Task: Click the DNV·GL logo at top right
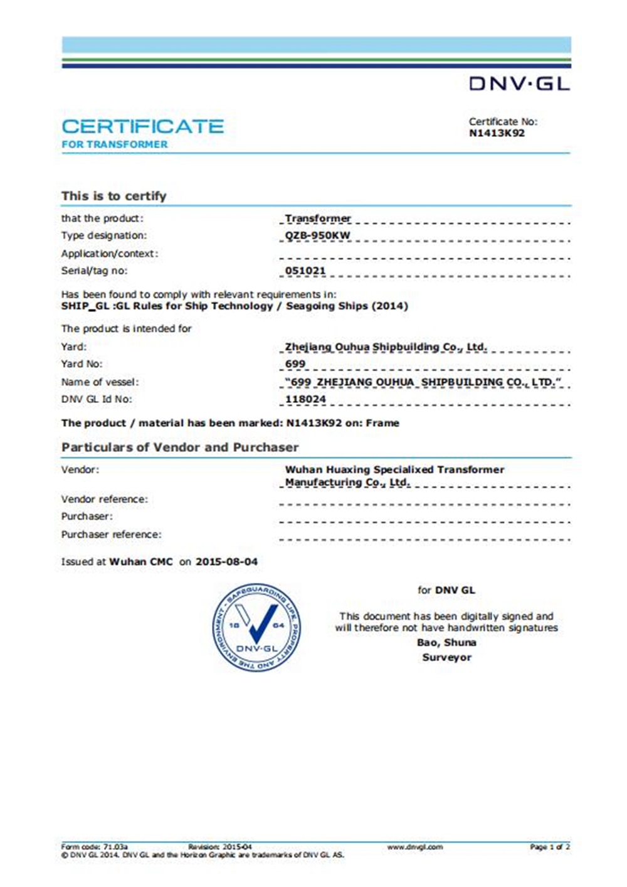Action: coord(519,83)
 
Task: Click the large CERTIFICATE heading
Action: coord(142,126)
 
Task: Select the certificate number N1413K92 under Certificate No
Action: coord(497,133)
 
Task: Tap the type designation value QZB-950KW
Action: coord(317,235)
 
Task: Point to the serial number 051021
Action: coord(305,271)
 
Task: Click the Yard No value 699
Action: coord(295,363)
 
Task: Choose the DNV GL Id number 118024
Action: coord(305,399)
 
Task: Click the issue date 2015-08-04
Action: coord(226,562)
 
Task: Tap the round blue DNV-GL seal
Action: coord(256,627)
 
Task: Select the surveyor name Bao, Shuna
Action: coord(446,642)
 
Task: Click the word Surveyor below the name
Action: coord(446,657)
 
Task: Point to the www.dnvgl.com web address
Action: coord(415,847)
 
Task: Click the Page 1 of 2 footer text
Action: coord(549,847)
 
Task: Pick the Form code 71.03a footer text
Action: coord(95,847)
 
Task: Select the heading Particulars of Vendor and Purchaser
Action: coord(180,447)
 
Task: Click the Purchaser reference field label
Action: coord(111,534)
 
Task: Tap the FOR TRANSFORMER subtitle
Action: coord(115,144)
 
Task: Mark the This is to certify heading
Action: coord(114,196)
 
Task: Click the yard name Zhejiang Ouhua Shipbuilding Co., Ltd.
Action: coord(386,347)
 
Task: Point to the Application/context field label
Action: coord(110,254)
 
